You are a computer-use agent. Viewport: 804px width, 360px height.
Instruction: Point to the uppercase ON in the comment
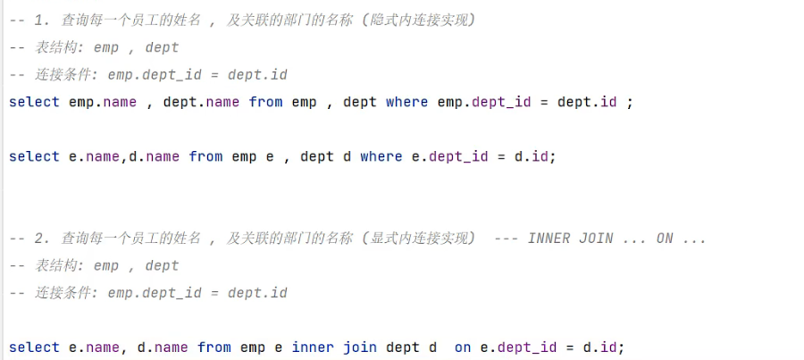tap(665, 239)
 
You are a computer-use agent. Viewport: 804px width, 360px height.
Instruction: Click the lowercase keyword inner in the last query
tap(313, 347)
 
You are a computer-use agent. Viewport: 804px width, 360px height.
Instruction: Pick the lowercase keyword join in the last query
tap(360, 347)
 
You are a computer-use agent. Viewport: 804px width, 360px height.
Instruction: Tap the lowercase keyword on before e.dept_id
tap(462, 347)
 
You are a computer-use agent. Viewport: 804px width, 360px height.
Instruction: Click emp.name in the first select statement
tap(103, 102)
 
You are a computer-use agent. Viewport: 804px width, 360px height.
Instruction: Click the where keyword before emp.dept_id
tap(406, 102)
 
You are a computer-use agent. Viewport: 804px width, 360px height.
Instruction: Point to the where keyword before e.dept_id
tap(381, 156)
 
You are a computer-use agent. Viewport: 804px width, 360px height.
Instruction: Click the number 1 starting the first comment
tap(38, 21)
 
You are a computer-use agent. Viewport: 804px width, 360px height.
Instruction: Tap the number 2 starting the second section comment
tap(38, 239)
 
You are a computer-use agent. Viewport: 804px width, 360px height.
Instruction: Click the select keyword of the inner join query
tap(34, 347)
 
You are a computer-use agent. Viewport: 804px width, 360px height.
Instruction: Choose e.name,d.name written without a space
tap(124, 156)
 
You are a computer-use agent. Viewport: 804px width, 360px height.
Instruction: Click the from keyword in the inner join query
tap(214, 347)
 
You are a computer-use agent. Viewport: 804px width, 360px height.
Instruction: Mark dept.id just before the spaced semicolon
tap(587, 102)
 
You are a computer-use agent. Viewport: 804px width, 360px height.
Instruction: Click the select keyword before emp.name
tap(34, 102)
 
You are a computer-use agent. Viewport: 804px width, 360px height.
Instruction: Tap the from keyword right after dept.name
tap(266, 102)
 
